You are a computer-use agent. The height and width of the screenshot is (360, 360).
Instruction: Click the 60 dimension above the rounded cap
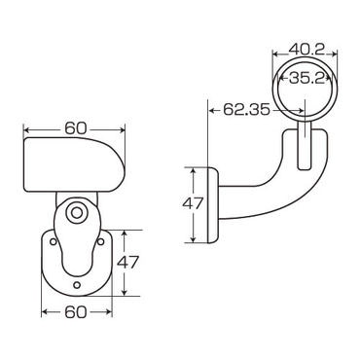tap(76, 128)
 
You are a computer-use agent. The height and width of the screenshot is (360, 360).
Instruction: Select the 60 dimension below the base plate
tap(76, 312)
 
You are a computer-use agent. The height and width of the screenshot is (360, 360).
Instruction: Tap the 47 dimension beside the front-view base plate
tap(127, 263)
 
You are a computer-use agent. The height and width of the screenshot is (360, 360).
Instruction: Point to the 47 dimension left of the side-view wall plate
tap(193, 204)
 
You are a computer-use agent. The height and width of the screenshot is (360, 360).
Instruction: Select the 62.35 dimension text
tap(246, 110)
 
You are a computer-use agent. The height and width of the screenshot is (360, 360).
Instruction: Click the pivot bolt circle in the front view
tap(77, 213)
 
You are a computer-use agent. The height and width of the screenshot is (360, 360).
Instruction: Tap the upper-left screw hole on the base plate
tap(53, 241)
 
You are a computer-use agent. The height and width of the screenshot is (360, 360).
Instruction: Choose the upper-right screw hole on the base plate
tap(100, 241)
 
